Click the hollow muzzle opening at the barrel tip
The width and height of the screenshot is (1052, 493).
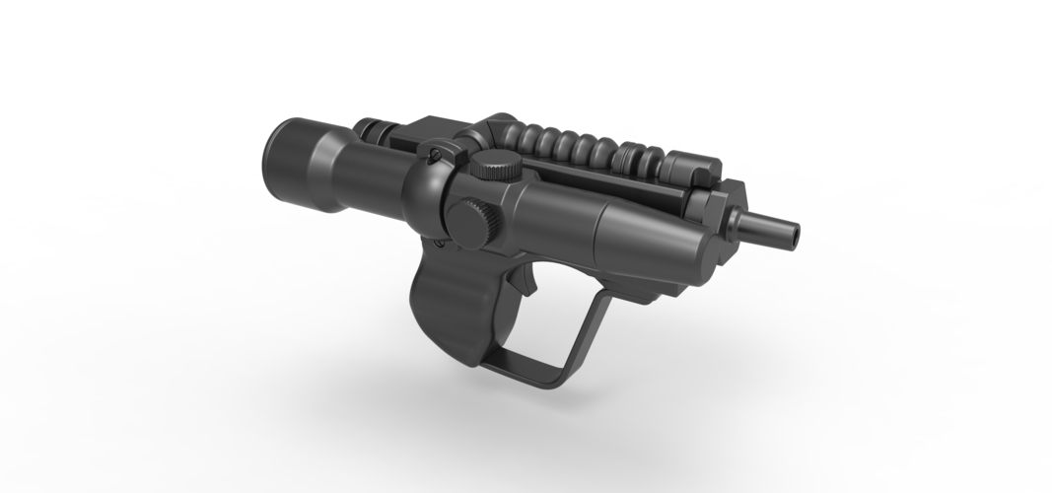pyautogui.click(x=794, y=234)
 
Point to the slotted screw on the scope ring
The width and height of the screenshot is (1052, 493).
pyautogui.click(x=433, y=154)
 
